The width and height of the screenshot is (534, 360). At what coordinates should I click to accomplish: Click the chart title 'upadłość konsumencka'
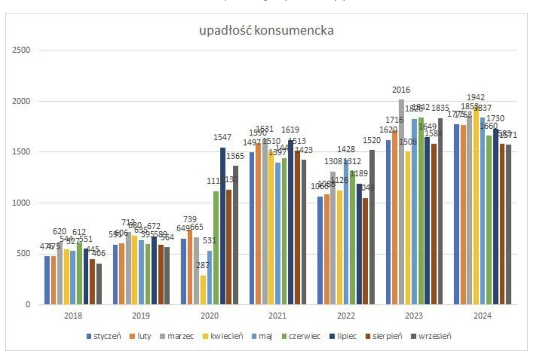tap(267, 31)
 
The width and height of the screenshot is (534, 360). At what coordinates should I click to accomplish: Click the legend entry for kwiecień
tap(227, 336)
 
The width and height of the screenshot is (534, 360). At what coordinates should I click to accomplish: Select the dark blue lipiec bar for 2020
tap(223, 226)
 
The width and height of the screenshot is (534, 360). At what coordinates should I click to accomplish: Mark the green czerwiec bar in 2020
tap(216, 247)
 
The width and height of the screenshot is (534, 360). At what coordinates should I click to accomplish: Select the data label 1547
tap(223, 138)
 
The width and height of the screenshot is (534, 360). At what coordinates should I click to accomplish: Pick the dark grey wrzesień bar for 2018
tap(99, 284)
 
